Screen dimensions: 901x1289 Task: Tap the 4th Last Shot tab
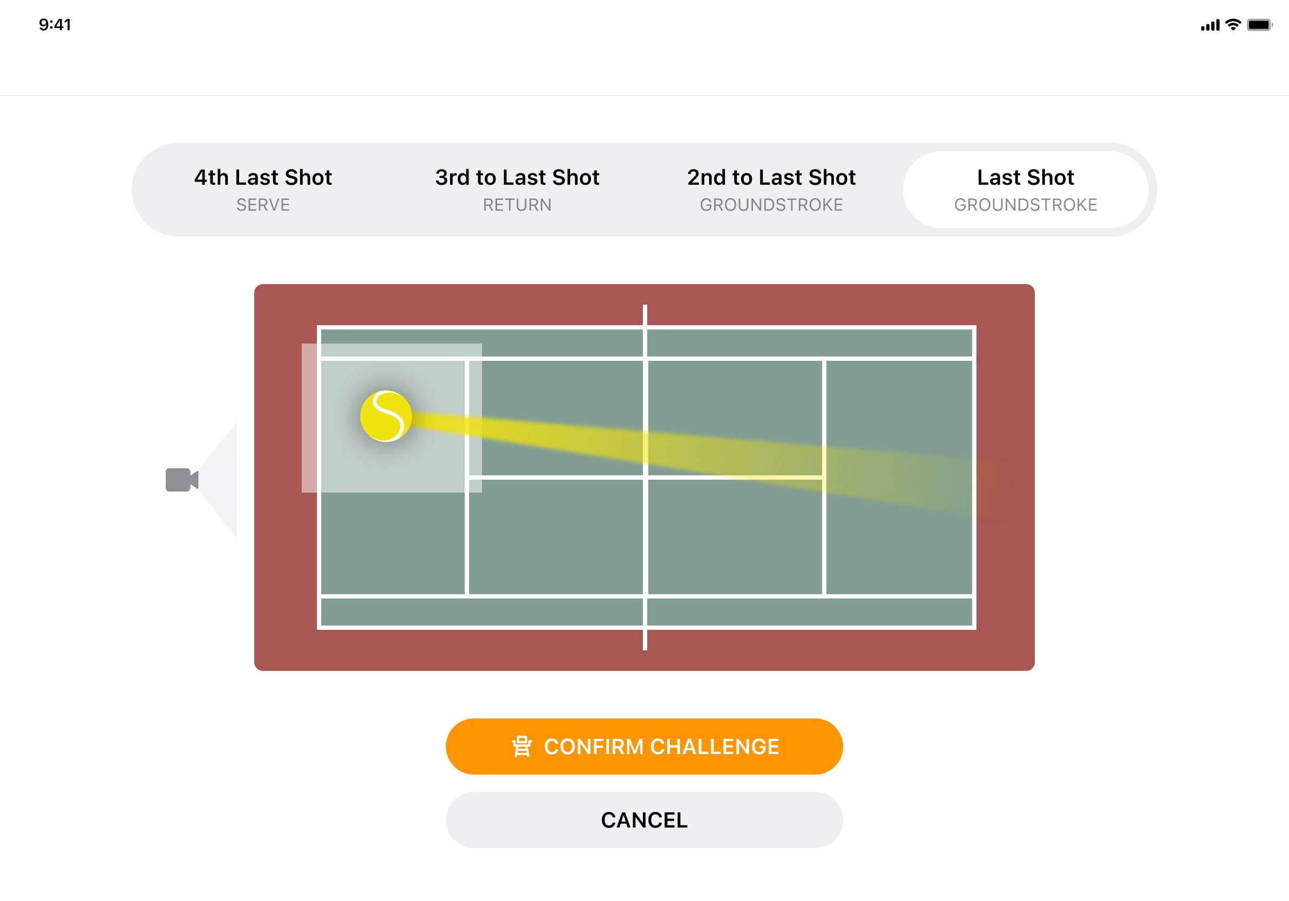click(x=263, y=189)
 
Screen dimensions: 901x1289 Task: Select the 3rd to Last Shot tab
click(x=517, y=189)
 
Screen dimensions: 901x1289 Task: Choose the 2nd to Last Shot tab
click(x=771, y=189)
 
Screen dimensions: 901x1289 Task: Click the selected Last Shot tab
click(x=1025, y=189)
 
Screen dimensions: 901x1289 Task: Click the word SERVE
click(x=263, y=205)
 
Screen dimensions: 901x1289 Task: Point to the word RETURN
click(x=517, y=205)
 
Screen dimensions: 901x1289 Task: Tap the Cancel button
click(x=644, y=819)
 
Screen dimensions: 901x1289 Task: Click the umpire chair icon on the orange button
click(x=521, y=747)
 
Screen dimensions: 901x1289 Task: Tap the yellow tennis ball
click(x=386, y=416)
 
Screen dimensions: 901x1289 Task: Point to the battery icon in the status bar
click(x=1259, y=25)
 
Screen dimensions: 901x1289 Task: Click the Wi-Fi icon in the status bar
click(x=1233, y=25)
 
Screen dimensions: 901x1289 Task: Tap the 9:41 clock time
click(x=55, y=25)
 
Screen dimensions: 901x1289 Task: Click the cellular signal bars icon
click(x=1210, y=25)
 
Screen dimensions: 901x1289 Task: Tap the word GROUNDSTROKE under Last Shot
click(x=1025, y=205)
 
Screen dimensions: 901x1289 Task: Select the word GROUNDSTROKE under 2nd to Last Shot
click(x=771, y=205)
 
